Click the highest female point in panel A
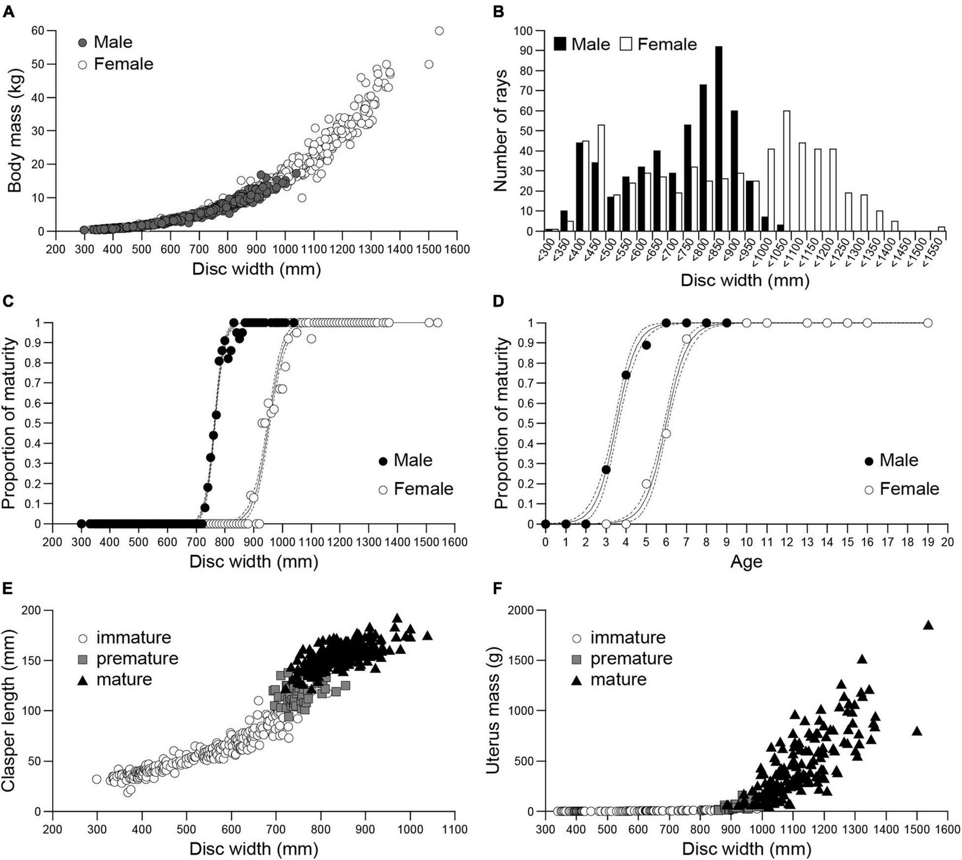[x=439, y=31]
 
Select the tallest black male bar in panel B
[x=718, y=139]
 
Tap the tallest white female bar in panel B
[x=787, y=171]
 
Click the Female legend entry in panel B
[x=658, y=44]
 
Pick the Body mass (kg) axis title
[x=15, y=130]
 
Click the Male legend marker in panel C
[x=383, y=461]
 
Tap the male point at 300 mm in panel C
[x=81, y=524]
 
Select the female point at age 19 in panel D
[x=928, y=323]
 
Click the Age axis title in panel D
[x=746, y=561]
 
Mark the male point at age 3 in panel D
[x=606, y=469]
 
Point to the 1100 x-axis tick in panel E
[x=454, y=830]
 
